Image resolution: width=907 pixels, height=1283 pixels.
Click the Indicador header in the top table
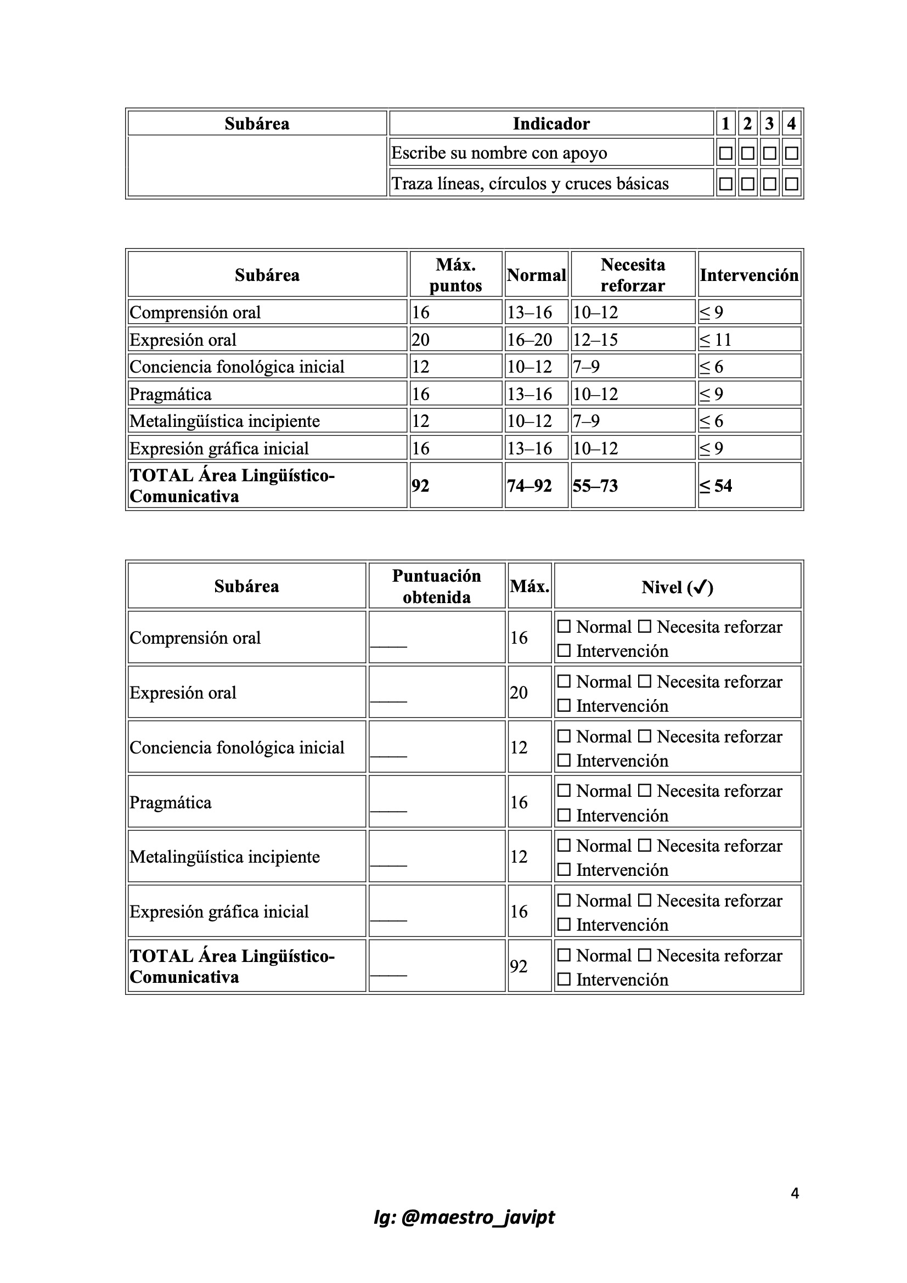[x=551, y=123]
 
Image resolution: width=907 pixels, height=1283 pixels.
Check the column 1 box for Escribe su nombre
[x=725, y=153]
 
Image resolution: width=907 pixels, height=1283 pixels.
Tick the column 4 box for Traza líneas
[x=791, y=183]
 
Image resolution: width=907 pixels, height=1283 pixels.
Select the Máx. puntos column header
[x=455, y=275]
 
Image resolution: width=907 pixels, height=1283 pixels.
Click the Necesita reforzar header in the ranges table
[x=633, y=275]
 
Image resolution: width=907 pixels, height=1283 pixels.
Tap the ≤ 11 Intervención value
[x=716, y=340]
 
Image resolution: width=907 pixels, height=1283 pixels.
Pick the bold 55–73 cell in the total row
[x=595, y=486]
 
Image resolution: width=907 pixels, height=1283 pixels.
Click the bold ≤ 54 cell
[x=716, y=486]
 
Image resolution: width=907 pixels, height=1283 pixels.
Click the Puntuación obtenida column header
[x=436, y=586]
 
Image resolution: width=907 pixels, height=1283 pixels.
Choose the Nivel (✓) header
[x=677, y=587]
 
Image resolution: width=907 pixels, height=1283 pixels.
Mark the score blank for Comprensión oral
[x=389, y=643]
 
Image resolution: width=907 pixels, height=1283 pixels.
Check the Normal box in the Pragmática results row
[x=565, y=791]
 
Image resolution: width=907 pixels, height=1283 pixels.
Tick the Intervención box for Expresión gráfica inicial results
[x=565, y=925]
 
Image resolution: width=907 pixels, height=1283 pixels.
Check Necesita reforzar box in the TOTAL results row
[x=645, y=955]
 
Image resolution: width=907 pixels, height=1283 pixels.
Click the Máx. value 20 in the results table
[x=519, y=693]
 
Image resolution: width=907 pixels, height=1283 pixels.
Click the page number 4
[x=795, y=1194]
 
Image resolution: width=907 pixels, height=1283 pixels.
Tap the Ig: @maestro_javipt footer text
[x=464, y=1217]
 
